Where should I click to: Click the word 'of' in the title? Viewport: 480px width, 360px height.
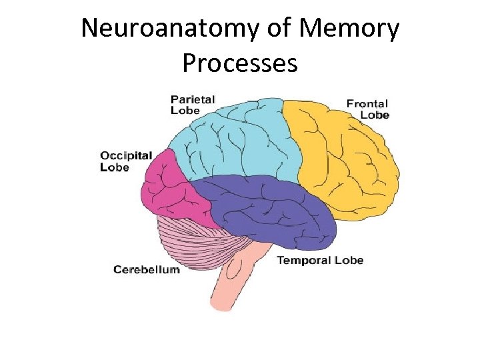(x=282, y=29)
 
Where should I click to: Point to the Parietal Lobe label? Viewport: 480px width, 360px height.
(x=193, y=105)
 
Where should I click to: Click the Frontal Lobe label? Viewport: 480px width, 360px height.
(x=367, y=109)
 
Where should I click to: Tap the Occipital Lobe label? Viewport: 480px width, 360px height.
(x=126, y=161)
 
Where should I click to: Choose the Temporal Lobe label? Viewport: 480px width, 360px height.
(x=320, y=259)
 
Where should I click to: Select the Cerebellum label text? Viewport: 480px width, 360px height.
(x=146, y=269)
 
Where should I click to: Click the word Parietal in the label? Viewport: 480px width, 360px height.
(x=193, y=99)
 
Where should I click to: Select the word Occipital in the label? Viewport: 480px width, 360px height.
(x=126, y=155)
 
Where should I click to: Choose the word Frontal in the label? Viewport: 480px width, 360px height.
(x=367, y=103)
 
